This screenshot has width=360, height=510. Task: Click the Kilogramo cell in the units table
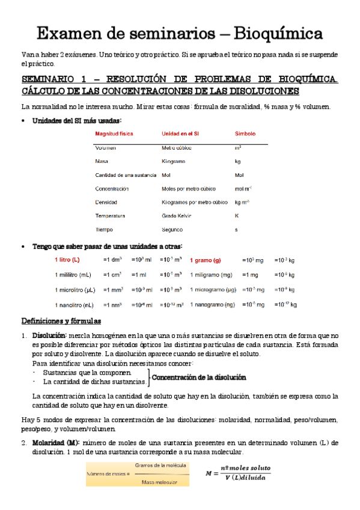click(174, 161)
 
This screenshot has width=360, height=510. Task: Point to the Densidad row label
click(106, 202)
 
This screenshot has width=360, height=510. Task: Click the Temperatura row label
click(110, 215)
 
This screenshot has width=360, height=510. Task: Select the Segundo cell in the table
click(172, 229)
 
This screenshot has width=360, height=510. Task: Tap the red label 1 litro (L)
click(67, 260)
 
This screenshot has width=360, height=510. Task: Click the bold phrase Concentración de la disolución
click(198, 378)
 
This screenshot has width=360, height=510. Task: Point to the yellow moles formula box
click(137, 473)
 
